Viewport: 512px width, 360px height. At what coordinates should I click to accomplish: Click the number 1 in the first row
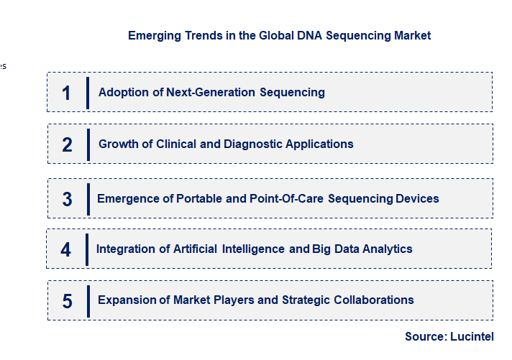pos(66,93)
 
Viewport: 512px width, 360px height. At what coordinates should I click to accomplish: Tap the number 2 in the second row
pos(67,144)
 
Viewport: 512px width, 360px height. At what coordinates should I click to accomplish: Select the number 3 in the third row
pos(67,199)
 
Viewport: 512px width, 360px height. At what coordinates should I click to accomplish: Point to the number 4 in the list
pos(66,249)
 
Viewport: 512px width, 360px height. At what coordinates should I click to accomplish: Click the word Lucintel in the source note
pos(472,336)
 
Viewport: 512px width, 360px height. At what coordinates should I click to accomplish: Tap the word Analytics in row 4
pos(387,249)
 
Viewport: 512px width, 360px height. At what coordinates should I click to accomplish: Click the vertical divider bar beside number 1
pos(88,93)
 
